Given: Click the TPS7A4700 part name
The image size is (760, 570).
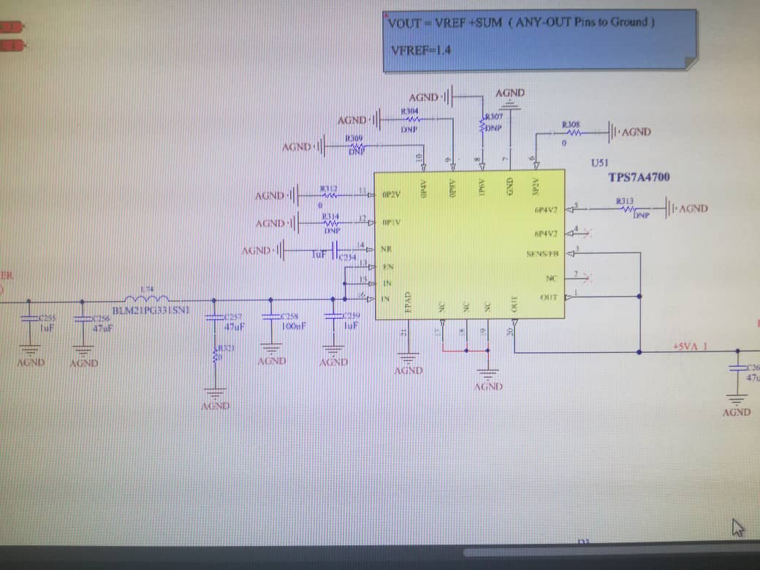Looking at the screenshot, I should [x=639, y=178].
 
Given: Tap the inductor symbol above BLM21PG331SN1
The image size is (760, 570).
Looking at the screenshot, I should [x=147, y=297].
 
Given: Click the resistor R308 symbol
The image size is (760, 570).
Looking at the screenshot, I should [x=571, y=133].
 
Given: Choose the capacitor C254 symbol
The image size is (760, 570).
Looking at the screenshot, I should [x=335, y=251].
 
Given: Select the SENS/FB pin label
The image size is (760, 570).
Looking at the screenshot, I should [x=542, y=254].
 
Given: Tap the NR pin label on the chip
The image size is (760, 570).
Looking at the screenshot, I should [x=386, y=249].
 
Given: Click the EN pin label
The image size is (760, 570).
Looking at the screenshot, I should [x=387, y=267].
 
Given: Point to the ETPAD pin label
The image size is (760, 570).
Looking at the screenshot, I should [x=409, y=303].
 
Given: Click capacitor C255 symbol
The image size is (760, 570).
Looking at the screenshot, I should [x=29, y=319].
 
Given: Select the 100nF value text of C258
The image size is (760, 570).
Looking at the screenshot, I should [x=293, y=327].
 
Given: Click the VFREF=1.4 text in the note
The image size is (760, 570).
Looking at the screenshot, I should [x=421, y=50].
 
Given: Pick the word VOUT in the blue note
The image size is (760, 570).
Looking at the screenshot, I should [x=404, y=23].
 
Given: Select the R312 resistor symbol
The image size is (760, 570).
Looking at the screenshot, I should [x=329, y=196].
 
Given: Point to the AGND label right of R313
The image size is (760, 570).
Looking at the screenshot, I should [x=693, y=209].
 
